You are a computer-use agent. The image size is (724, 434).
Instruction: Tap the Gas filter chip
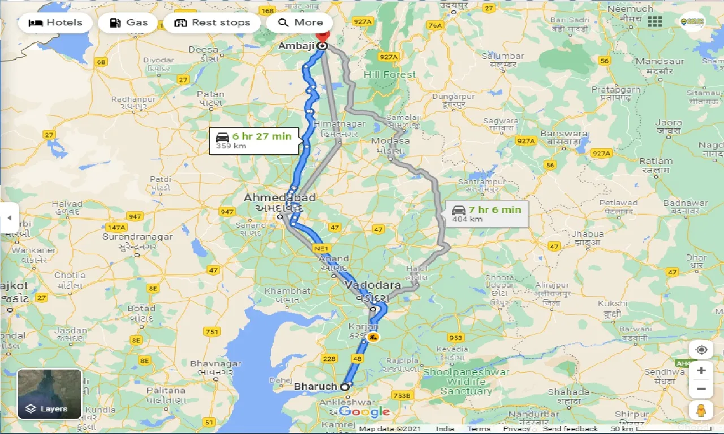tap(128, 23)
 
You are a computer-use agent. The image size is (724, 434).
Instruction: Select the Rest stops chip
tap(212, 23)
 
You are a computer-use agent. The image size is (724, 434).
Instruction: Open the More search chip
tap(300, 23)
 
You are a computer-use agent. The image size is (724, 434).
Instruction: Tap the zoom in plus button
tap(701, 371)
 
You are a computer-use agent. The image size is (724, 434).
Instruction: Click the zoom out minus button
tap(701, 389)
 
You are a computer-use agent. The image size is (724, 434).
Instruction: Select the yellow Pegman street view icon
tap(701, 410)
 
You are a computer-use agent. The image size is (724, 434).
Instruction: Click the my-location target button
tap(701, 350)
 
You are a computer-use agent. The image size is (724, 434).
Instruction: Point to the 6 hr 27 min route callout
tap(254, 140)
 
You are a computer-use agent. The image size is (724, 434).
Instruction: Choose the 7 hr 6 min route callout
tap(486, 214)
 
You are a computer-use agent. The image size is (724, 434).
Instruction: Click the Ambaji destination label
tap(296, 46)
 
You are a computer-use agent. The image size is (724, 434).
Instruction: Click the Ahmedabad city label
tap(279, 198)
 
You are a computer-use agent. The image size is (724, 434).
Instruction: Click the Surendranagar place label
tap(137, 237)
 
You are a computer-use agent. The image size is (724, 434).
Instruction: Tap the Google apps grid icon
tap(655, 21)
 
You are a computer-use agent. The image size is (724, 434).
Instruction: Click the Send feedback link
tap(570, 429)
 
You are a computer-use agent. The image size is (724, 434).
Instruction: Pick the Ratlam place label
tap(656, 161)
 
